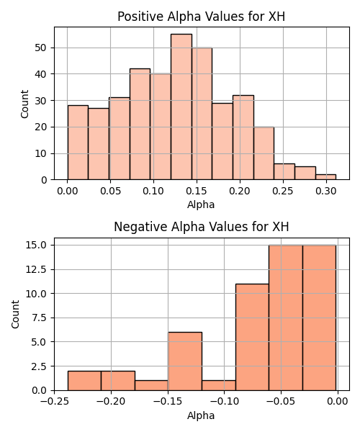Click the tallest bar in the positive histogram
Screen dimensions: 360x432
pos(181,107)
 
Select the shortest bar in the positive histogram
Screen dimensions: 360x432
pos(326,177)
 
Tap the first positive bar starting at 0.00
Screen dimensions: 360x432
pos(78,143)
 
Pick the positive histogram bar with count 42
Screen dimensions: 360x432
pos(140,124)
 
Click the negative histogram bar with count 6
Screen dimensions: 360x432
pos(185,361)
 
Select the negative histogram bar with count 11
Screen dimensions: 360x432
pos(252,337)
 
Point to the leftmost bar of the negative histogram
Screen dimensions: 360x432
pos(84,381)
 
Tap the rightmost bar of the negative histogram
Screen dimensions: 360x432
pos(320,318)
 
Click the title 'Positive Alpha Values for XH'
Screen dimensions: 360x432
pos(202,17)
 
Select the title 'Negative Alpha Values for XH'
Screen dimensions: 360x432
pos(202,227)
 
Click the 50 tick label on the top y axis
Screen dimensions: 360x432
pos(41,48)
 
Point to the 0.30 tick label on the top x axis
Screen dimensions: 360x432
pos(326,191)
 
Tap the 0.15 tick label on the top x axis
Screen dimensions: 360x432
pos(197,191)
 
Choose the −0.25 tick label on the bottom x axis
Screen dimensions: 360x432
pos(54,401)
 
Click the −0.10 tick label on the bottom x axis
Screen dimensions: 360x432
pos(224,401)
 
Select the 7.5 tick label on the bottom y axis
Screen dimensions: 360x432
pos(40,318)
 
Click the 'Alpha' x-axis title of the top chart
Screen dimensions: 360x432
pos(201,204)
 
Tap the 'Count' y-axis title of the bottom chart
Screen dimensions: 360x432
pos(15,314)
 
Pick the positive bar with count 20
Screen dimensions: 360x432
pos(264,153)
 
